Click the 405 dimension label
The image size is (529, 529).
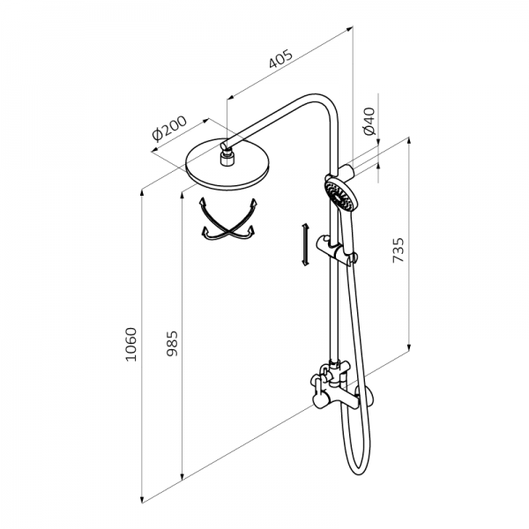pyautogui.click(x=280, y=59)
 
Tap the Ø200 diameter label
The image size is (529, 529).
pyautogui.click(x=169, y=128)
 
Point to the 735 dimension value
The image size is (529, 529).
pyautogui.click(x=399, y=250)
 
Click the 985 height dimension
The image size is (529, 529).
pyautogui.click(x=173, y=344)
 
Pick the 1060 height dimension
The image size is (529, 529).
pyautogui.click(x=130, y=345)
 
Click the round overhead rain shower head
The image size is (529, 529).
pyautogui.click(x=227, y=164)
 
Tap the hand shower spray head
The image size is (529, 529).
pyautogui.click(x=340, y=195)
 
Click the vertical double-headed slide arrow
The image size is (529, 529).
pyautogui.click(x=305, y=244)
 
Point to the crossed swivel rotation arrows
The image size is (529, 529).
pyautogui.click(x=228, y=219)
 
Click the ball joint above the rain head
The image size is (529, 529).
pyautogui.click(x=227, y=157)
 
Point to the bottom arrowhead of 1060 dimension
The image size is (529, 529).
pyautogui.click(x=143, y=499)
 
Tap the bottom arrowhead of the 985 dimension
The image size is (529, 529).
pyautogui.click(x=183, y=475)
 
